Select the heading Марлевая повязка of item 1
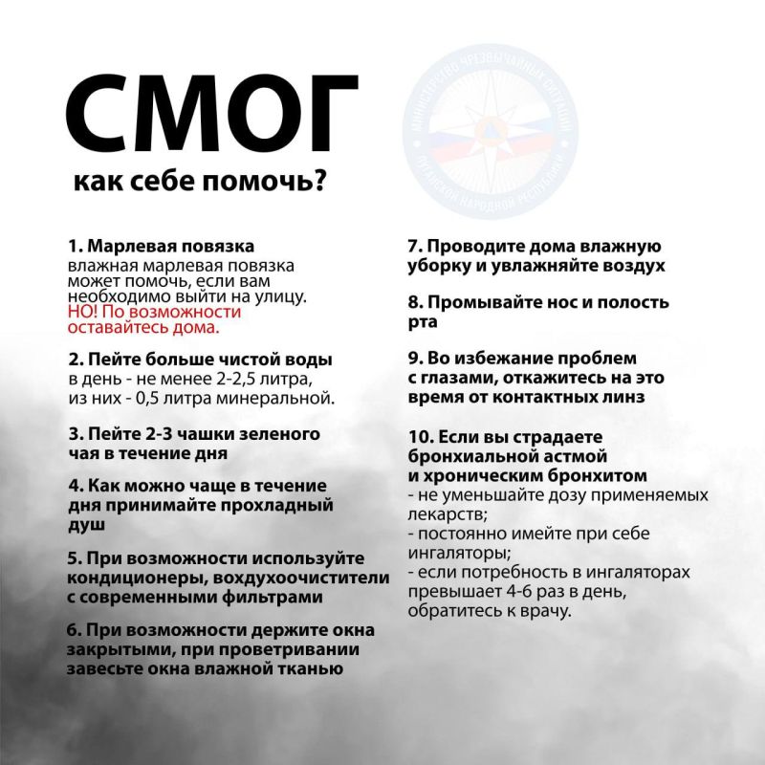[x=170, y=248]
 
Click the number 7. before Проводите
[x=415, y=248]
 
